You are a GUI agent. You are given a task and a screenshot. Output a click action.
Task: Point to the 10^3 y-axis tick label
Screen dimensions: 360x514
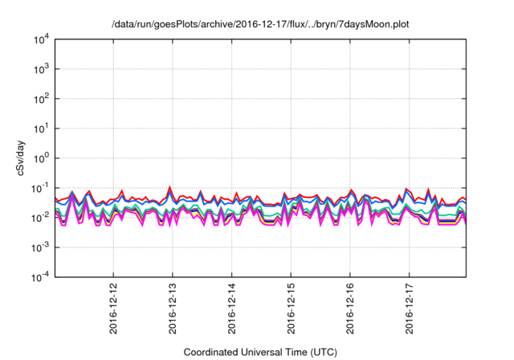coord(41,69)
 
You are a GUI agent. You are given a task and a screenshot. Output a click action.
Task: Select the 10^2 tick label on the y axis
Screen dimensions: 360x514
coord(41,99)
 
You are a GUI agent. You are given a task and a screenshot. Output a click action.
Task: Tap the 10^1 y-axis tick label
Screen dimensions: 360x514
coord(41,129)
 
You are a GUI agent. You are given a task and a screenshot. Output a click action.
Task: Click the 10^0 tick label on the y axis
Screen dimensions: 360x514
coord(41,158)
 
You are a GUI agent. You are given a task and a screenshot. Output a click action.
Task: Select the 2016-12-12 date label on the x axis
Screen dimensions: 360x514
coord(113,309)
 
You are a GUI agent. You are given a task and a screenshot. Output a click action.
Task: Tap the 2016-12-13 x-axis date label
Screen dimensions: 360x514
coord(173,309)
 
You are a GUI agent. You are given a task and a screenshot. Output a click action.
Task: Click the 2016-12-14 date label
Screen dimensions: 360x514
coord(232,309)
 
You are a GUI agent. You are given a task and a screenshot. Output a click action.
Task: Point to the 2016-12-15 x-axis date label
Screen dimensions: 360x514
coord(291,309)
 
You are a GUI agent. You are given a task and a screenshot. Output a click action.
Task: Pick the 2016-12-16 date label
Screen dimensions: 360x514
coord(350,309)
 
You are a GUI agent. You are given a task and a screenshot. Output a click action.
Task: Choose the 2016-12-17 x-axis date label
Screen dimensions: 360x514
coord(410,309)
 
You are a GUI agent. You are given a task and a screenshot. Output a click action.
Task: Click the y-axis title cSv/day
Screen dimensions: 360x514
coord(17,158)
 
